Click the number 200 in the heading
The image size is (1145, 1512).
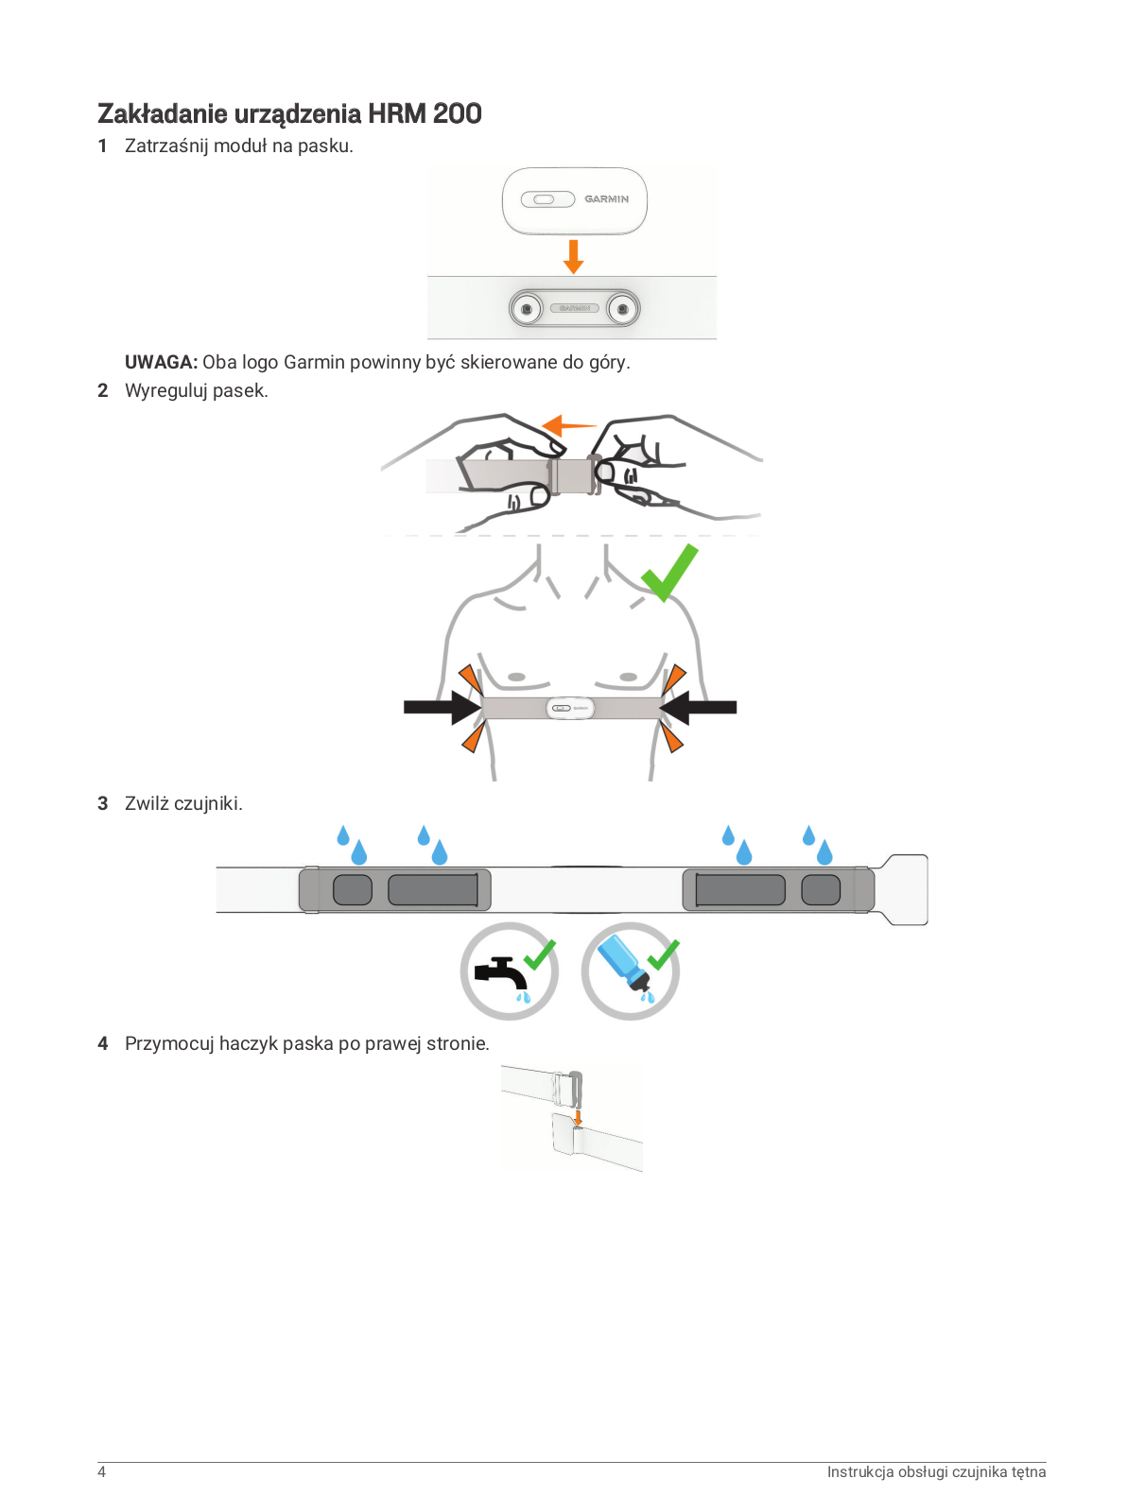coord(458,114)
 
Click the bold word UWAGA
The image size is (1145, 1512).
coord(160,363)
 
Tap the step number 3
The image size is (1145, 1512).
coord(103,804)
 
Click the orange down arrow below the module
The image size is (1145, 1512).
coord(573,256)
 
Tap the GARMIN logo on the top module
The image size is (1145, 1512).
coord(606,199)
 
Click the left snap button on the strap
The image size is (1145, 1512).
coord(527,309)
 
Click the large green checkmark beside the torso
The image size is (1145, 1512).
coord(669,573)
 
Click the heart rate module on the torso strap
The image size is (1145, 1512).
coord(570,708)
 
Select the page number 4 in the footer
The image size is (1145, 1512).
coord(102,1472)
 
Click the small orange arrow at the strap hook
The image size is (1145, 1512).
coord(579,1117)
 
